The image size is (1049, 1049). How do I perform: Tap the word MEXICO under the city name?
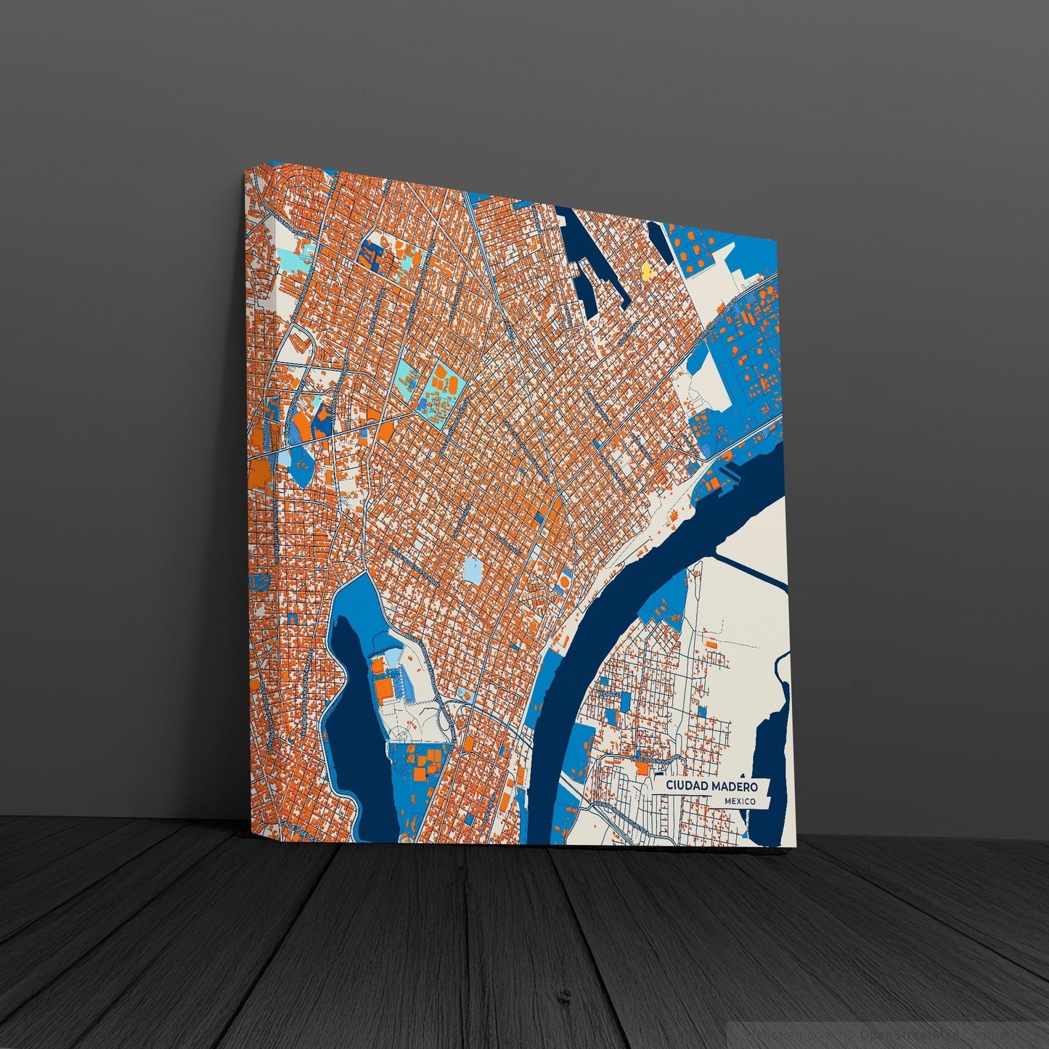(x=739, y=801)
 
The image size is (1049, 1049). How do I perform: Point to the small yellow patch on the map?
(x=646, y=272)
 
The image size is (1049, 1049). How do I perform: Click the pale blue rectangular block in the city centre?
(x=472, y=570)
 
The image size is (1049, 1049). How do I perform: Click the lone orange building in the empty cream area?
(x=711, y=644)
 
